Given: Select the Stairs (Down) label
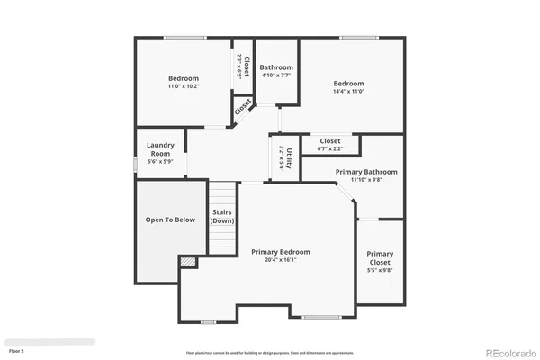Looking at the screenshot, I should click(x=223, y=217).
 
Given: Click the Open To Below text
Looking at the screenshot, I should click(x=170, y=220).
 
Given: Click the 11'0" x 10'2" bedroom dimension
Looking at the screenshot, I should click(x=184, y=87).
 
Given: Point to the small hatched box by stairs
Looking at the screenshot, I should click(x=188, y=262).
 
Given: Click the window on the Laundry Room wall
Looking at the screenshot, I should click(x=136, y=163).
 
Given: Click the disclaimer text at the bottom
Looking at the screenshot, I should click(x=269, y=352).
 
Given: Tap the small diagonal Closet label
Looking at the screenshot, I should click(x=243, y=106).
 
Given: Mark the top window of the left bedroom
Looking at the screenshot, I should click(x=184, y=38).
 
